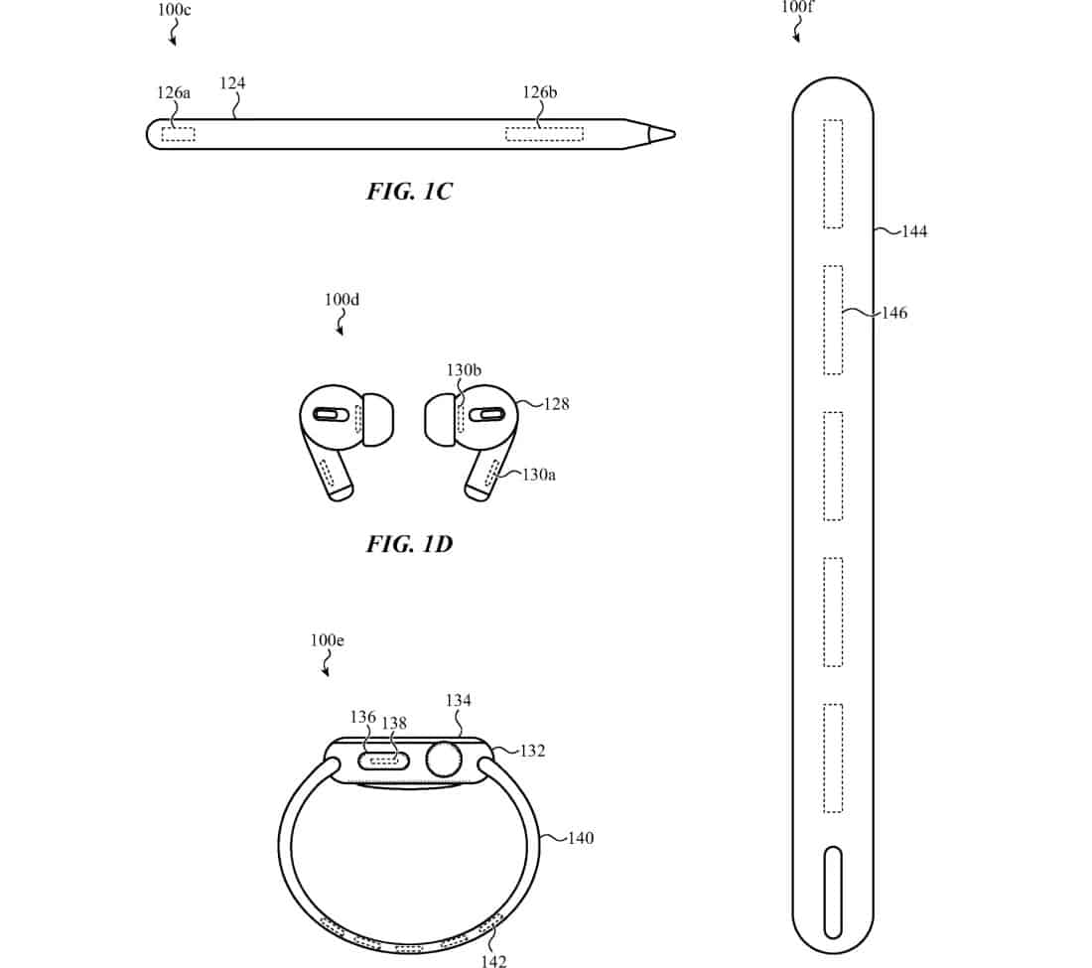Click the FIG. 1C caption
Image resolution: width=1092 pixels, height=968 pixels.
point(409,191)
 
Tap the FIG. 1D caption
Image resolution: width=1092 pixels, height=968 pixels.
point(409,543)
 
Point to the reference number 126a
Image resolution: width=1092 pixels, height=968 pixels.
point(174,92)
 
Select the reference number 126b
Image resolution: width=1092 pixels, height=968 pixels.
point(540,92)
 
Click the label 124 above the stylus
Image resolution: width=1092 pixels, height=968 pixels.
point(232,82)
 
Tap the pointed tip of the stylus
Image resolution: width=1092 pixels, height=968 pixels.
point(675,134)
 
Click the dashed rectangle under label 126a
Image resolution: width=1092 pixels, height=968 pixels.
point(179,134)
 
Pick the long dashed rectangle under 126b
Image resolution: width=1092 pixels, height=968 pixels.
point(544,134)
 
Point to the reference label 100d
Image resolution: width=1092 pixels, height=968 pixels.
point(341,300)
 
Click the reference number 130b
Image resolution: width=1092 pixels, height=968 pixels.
point(464,369)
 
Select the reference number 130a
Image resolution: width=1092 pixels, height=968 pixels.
point(539,475)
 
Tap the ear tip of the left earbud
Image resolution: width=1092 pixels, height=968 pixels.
point(378,419)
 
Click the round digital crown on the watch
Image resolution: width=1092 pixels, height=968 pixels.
point(444,760)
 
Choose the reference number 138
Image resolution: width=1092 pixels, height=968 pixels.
point(394,723)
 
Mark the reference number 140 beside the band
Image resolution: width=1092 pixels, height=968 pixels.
point(581,838)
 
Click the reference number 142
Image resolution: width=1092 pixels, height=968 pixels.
point(493,961)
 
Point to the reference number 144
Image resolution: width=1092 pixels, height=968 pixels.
point(914,231)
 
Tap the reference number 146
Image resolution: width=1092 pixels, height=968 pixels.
point(894,313)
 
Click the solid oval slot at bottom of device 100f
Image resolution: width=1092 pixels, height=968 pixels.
point(833,893)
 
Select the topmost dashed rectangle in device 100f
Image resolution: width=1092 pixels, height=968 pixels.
point(833,174)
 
